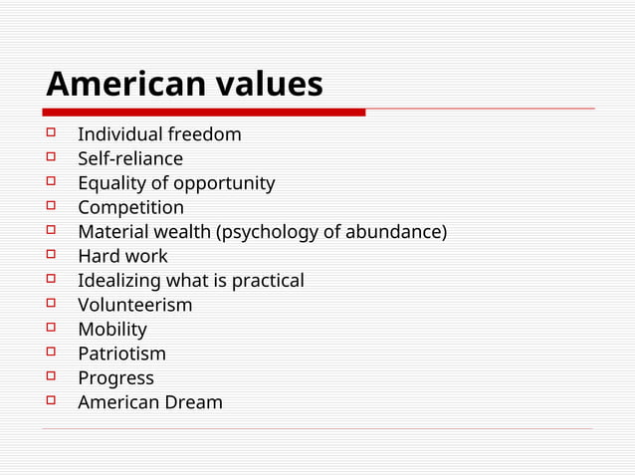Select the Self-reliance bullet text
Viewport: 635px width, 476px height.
tap(130, 158)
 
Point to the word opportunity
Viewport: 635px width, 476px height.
tap(224, 183)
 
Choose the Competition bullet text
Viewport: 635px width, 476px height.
tap(130, 207)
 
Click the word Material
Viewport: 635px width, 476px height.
tap(113, 232)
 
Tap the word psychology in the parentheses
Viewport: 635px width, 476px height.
tap(267, 232)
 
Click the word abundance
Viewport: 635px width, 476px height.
tap(392, 232)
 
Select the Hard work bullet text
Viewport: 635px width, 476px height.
tap(122, 256)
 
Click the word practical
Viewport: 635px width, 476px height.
tap(268, 281)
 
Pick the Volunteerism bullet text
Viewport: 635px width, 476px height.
tap(135, 305)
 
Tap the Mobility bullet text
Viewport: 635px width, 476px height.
tap(112, 330)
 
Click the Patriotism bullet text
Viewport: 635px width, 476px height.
tap(122, 354)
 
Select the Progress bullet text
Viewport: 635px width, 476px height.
tap(115, 378)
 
